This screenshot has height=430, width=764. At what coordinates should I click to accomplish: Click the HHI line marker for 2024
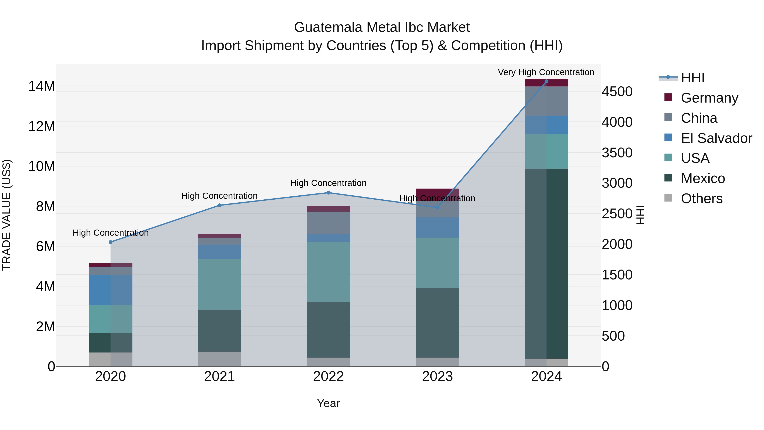546,81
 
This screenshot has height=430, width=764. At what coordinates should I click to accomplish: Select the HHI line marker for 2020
111,242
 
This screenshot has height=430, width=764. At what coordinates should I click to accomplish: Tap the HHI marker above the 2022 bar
328,193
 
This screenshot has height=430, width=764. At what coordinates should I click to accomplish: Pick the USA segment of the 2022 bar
328,272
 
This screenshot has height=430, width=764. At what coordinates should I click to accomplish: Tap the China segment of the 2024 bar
546,101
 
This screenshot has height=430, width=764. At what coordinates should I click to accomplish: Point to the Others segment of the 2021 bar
219,359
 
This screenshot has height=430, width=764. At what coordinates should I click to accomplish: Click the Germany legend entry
709,98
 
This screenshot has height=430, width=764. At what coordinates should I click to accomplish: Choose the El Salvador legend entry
716,138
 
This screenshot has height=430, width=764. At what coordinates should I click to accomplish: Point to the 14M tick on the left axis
42,86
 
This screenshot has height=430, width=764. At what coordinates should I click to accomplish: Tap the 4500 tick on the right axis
617,92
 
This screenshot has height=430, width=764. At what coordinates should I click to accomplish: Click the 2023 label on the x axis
437,376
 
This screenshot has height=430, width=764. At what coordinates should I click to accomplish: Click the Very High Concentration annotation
546,72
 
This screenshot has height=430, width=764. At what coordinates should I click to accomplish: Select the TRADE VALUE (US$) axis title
7,215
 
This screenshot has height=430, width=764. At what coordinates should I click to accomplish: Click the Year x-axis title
328,403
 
